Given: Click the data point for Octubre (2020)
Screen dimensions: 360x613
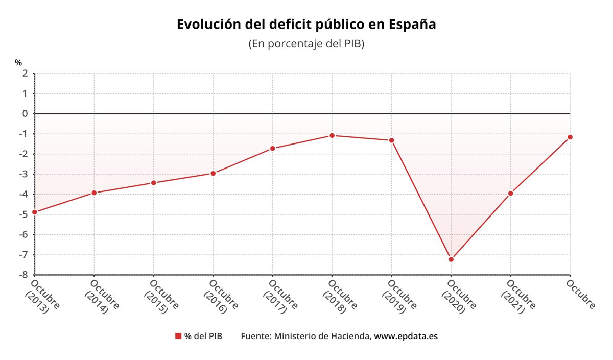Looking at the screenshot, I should (451, 259).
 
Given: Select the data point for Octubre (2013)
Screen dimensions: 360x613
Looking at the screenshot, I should (34, 212).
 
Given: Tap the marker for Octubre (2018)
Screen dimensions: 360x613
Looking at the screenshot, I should (332, 135).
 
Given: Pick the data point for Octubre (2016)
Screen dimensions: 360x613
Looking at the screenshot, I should (213, 174).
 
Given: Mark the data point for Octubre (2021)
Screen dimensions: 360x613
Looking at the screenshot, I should (510, 193).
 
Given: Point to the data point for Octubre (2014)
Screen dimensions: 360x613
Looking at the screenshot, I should (94, 193).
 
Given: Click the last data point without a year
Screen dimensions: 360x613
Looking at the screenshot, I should (570, 137).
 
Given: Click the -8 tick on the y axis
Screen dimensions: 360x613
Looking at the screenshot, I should (23, 275).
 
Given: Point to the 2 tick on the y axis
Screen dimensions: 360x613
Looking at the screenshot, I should (25, 74).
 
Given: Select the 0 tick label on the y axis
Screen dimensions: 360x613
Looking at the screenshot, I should (25, 114).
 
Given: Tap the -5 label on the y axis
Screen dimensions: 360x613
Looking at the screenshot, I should (23, 214).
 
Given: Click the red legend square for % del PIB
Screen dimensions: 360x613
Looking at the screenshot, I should (178, 336).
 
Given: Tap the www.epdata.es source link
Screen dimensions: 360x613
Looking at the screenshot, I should (406, 336).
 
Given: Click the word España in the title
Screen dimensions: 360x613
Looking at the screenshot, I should (412, 24).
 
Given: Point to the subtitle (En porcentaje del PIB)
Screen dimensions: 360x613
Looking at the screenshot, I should (306, 44).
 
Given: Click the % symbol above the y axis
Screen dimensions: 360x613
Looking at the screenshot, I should (18, 63).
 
